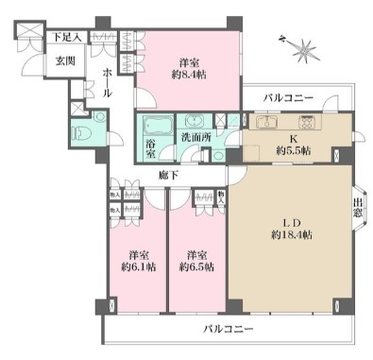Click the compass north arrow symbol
(x=301, y=43)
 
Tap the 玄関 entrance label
(x=38, y=60)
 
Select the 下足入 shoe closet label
(x=65, y=37)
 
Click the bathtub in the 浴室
(x=153, y=124)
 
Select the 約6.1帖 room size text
(x=138, y=267)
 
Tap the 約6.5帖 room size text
(x=196, y=267)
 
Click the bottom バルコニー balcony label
(x=230, y=329)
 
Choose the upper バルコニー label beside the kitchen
(x=289, y=97)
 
